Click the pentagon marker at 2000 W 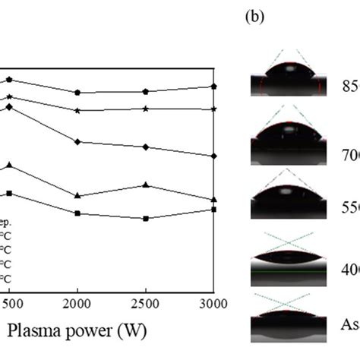[77, 92]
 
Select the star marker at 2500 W [146, 109]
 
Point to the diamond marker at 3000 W [215, 156]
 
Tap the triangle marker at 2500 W [146, 185]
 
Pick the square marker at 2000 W [77, 213]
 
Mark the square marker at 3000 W [215, 209]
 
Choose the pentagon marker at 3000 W [215, 87]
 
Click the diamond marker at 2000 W [77, 142]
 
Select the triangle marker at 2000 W [77, 196]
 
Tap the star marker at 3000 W [215, 109]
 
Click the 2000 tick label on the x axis [77, 305]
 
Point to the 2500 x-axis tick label [146, 305]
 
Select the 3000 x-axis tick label [213, 305]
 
